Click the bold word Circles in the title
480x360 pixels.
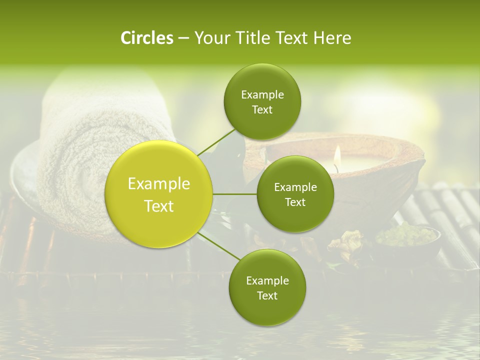(x=146, y=38)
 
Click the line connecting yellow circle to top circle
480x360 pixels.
(x=216, y=141)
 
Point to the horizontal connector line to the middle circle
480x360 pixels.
(x=235, y=194)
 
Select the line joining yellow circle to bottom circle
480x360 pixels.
(x=219, y=245)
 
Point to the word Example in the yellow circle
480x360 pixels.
(x=159, y=184)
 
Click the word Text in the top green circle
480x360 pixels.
(x=262, y=110)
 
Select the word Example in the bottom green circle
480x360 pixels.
(x=267, y=280)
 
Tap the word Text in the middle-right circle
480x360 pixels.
(x=295, y=202)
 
